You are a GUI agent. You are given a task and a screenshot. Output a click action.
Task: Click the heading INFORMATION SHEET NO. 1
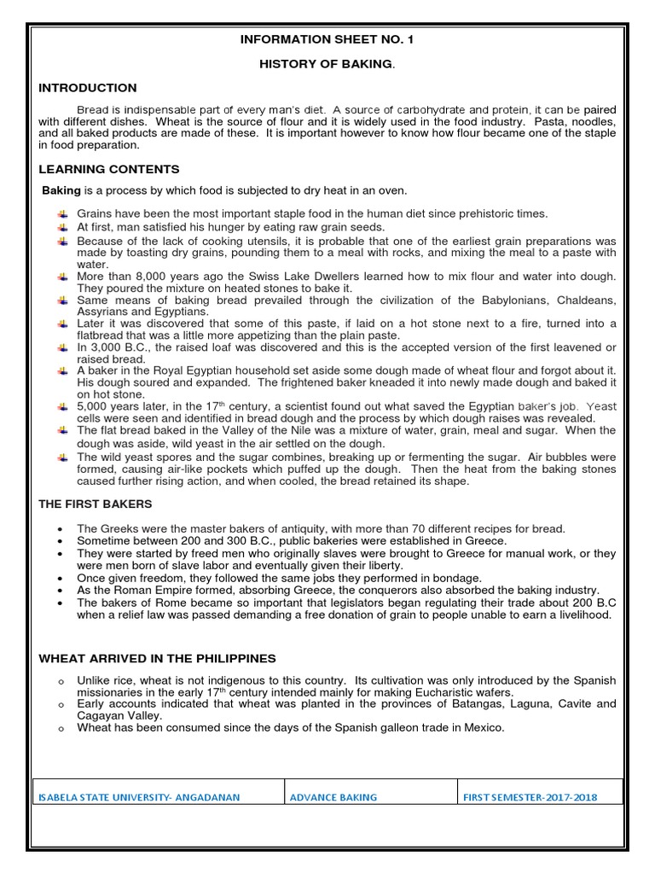(327, 39)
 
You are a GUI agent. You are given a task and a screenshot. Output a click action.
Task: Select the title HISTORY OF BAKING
(326, 64)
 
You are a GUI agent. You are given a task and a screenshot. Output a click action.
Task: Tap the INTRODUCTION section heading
(87, 88)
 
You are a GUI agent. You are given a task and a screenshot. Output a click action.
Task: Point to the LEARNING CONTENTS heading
(109, 169)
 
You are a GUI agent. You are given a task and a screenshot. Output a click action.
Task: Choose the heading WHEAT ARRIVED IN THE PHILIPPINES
(157, 658)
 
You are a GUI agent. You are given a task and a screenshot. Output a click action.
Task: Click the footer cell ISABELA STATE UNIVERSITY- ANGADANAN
(139, 797)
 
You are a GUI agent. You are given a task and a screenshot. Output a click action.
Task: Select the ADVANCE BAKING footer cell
(333, 797)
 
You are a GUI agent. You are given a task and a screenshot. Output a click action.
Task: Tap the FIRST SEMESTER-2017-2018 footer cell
(530, 797)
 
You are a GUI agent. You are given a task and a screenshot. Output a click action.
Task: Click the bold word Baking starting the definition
(61, 190)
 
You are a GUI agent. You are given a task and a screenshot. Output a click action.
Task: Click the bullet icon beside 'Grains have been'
(63, 213)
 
